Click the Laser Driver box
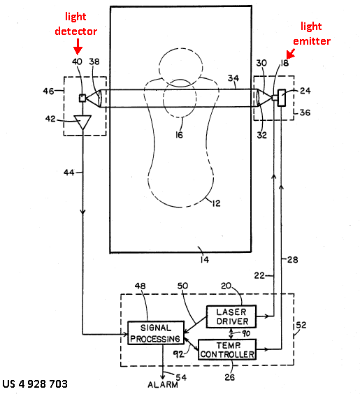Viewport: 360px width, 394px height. [231, 316]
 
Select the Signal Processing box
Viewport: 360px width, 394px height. [156, 333]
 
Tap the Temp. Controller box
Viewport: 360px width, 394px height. [227, 349]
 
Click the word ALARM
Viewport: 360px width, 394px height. [163, 385]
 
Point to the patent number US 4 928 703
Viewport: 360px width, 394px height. [35, 384]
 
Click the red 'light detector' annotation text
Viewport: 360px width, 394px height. [76, 24]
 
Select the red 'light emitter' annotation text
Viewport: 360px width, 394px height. [312, 34]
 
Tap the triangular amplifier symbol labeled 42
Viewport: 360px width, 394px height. [82, 122]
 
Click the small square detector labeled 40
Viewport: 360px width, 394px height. [82, 98]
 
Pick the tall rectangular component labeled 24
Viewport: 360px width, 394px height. [281, 98]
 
